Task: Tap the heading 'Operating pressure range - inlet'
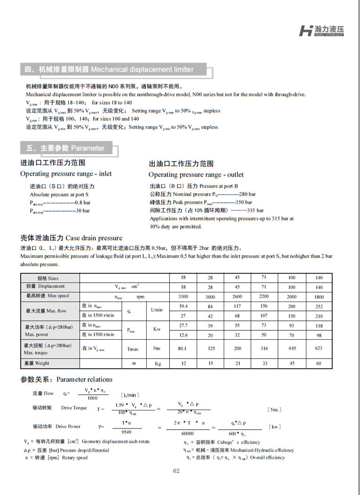66,174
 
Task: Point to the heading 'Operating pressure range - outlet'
196,175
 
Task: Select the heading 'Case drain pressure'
71,238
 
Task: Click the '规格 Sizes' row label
48,278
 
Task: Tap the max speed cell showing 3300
183,297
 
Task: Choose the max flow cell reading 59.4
183,306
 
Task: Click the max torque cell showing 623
319,348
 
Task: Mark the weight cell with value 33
264,363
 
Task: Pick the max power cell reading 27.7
183,325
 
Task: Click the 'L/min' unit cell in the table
157,310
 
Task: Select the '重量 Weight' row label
37,363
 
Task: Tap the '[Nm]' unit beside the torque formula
274,409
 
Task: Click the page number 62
176,471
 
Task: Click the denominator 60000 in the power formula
188,433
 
